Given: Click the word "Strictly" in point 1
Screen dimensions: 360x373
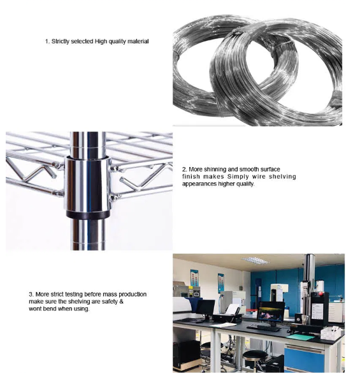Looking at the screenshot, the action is (x=61, y=41).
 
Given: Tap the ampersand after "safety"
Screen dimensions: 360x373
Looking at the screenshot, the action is (x=121, y=302).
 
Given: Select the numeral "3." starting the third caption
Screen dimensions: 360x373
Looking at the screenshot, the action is (x=31, y=295).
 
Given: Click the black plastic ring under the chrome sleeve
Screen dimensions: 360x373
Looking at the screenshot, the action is (x=88, y=214).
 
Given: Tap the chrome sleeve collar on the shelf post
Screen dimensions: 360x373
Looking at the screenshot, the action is (x=87, y=183).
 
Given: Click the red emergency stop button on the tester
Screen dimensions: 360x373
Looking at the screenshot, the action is (x=320, y=293).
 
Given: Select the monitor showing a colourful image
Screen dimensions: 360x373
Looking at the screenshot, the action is (x=271, y=311).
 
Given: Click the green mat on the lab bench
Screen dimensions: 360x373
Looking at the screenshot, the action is (x=301, y=337).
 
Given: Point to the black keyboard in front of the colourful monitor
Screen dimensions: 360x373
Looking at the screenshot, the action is (x=264, y=328).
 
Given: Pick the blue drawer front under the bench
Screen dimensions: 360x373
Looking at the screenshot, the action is (x=304, y=358).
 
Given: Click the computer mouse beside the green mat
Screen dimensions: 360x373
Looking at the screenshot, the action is (x=289, y=331).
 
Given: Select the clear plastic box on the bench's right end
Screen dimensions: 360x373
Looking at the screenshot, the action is (x=331, y=333).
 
